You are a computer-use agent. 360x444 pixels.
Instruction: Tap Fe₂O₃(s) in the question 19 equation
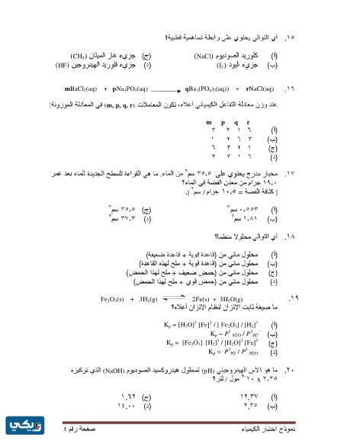click(x=115, y=299)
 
